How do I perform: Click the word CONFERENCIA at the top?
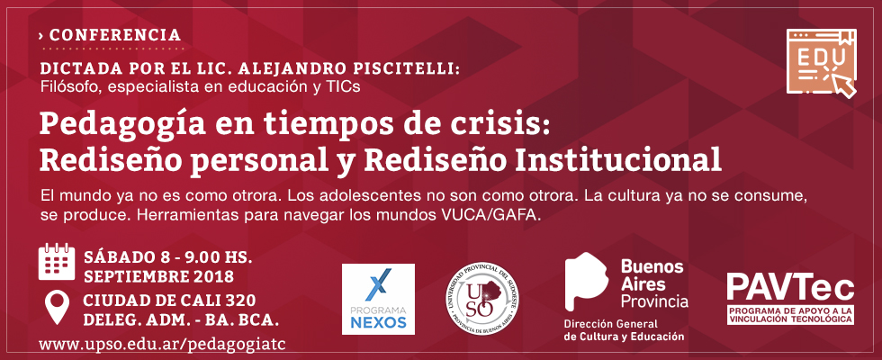tap(115, 35)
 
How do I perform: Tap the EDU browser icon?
tap(822, 63)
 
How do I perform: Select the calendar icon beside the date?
tap(56, 262)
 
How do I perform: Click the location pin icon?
tap(56, 307)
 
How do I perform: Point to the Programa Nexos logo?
tap(378, 299)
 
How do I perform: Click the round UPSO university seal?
tap(482, 299)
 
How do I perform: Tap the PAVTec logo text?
tap(790, 287)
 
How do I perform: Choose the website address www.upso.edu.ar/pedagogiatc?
tap(158, 344)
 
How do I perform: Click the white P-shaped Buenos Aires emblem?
tap(586, 281)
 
